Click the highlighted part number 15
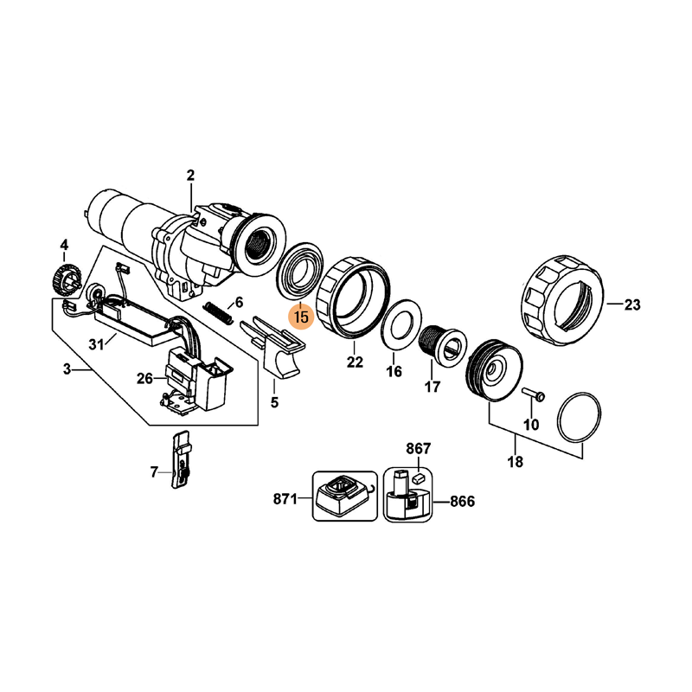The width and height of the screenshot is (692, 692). tap(301, 317)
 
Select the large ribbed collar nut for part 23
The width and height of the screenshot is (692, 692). tap(561, 298)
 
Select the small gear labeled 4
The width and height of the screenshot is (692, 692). tap(64, 279)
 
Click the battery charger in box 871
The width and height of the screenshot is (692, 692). tap(344, 497)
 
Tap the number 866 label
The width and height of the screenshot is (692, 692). tap(461, 502)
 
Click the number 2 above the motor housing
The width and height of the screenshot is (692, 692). tap(191, 176)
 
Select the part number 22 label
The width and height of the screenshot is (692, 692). tap(355, 362)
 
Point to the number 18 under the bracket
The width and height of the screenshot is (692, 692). tap(516, 462)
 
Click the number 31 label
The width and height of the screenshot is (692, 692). tap(96, 343)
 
